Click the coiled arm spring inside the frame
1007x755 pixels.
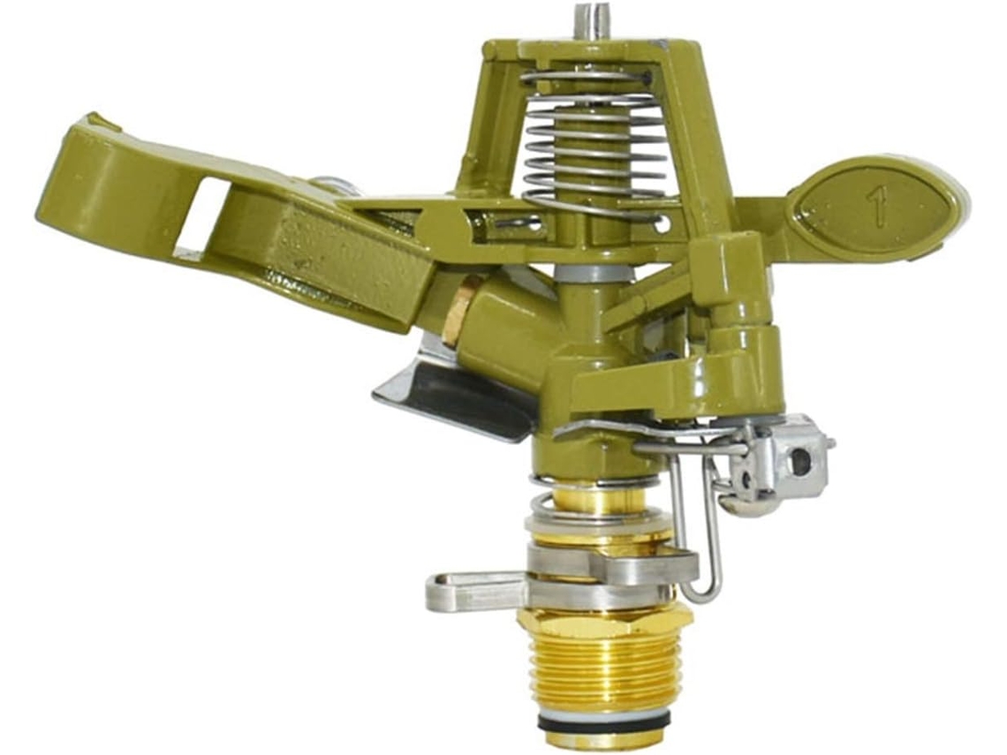[x=587, y=145]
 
